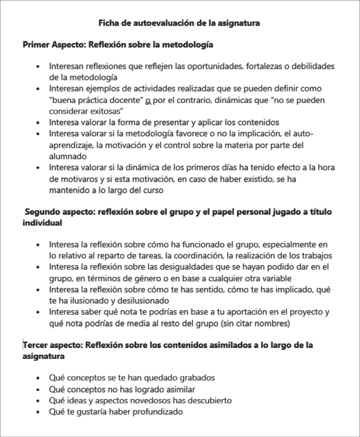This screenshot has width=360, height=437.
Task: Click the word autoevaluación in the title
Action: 157,23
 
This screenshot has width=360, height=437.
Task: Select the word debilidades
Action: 313,66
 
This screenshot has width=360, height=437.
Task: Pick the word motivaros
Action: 76,179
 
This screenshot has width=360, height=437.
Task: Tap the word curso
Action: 153,190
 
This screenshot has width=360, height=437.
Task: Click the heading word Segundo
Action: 42,212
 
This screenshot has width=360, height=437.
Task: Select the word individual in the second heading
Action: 42,223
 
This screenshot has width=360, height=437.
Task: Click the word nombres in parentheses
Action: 274,324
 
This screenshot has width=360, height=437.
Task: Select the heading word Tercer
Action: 34,345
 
